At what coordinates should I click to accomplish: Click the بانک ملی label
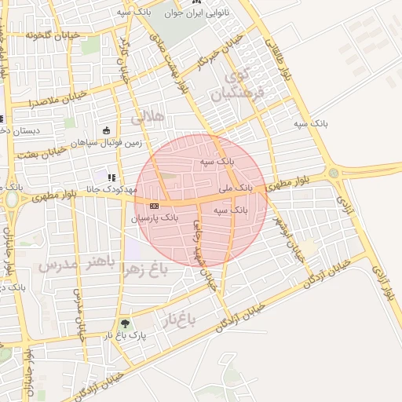coord(235,188)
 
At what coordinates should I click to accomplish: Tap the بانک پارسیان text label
coord(155,217)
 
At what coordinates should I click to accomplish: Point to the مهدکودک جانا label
coord(111,189)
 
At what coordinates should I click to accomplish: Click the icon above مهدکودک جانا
coord(111,177)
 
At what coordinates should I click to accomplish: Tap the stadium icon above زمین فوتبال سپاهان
coord(107,131)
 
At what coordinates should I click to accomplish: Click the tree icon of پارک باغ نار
coord(125,323)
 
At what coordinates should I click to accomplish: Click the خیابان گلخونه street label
coord(53,35)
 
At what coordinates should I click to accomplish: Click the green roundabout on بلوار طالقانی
coord(333,173)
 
